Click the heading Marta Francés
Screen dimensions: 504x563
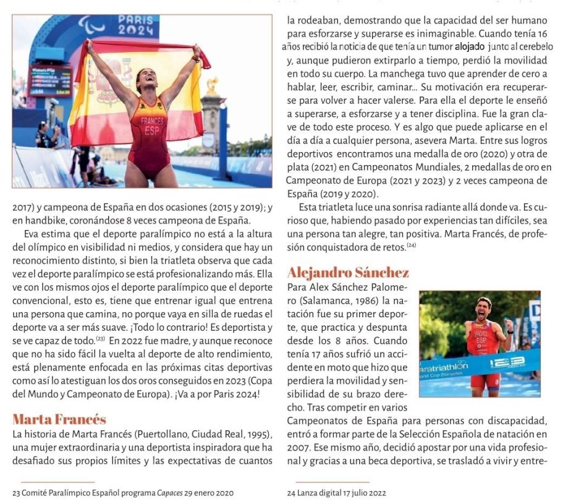click(x=59, y=420)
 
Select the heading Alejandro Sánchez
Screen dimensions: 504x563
click(x=348, y=273)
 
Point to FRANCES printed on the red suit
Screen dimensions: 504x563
click(x=151, y=121)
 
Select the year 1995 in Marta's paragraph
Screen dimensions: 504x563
click(x=257, y=434)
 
